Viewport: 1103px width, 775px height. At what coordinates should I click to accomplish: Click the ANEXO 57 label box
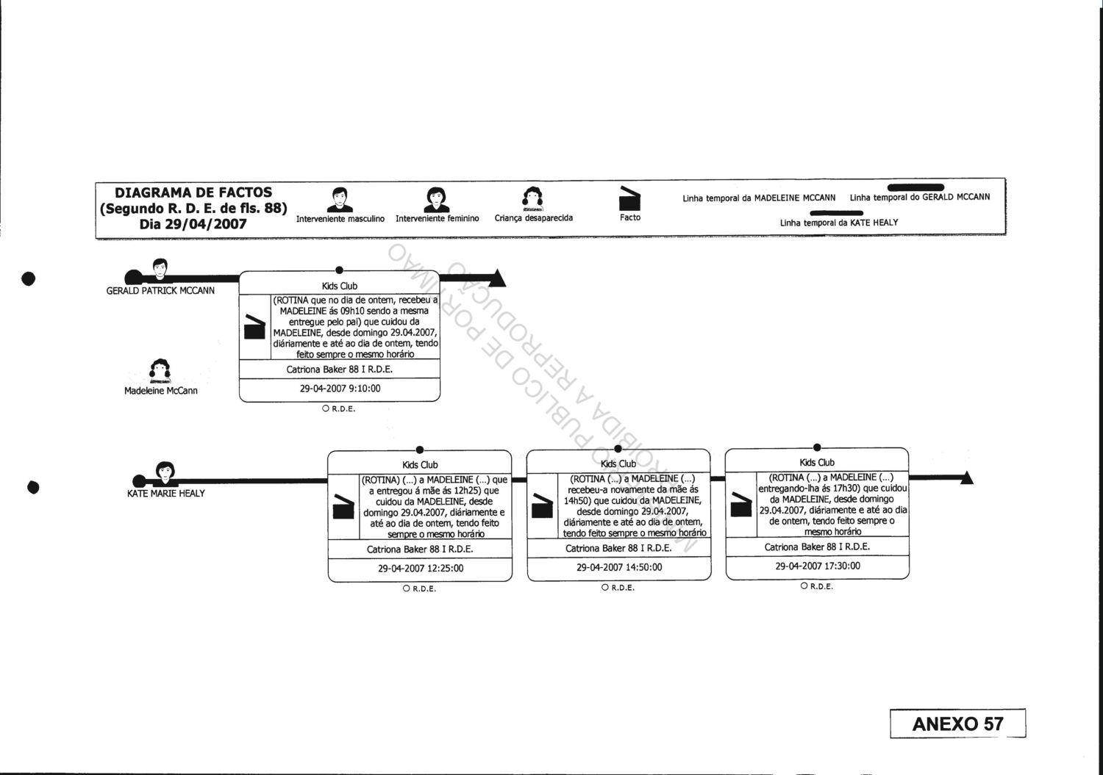[x=957, y=724]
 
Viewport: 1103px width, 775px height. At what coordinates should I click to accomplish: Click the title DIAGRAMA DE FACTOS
[x=193, y=193]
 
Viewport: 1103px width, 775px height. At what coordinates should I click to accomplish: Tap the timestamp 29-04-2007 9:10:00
[x=340, y=389]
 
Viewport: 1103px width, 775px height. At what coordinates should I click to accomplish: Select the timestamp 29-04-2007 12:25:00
[x=421, y=568]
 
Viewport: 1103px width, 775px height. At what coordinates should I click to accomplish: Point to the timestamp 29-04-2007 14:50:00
[x=619, y=567]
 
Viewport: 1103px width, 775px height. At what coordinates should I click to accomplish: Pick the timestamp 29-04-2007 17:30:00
[x=818, y=566]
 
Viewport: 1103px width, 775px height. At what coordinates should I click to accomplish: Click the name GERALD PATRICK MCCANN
[x=160, y=291]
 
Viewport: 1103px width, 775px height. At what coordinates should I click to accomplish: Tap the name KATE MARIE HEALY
[x=166, y=493]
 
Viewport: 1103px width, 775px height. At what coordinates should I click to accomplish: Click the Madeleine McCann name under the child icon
[x=161, y=391]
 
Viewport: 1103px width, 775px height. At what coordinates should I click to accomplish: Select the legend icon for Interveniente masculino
[x=340, y=200]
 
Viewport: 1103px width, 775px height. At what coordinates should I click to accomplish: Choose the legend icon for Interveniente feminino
[x=437, y=200]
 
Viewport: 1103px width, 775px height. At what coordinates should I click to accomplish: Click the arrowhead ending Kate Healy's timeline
[x=965, y=478]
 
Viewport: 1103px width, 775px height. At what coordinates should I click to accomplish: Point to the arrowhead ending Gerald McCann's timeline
[x=498, y=278]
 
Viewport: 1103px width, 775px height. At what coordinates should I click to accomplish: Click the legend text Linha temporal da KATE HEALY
[x=839, y=223]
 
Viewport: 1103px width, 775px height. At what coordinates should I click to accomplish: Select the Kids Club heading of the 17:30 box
[x=817, y=463]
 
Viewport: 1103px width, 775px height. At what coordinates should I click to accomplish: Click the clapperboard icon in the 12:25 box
[x=343, y=508]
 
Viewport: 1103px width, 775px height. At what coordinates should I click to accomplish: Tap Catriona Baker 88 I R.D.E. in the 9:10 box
[x=340, y=370]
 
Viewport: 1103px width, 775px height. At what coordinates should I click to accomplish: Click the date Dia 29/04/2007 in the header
[x=193, y=224]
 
